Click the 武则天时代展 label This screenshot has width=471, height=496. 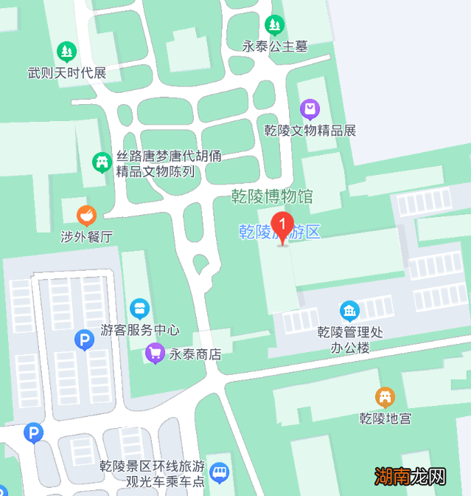click(x=67, y=73)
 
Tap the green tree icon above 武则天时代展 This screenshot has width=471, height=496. click(x=66, y=52)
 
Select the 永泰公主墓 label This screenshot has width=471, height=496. click(x=275, y=46)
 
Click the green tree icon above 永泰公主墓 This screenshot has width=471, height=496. click(x=275, y=25)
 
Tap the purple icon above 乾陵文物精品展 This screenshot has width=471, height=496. click(x=310, y=110)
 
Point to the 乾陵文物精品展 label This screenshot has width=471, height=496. click(x=310, y=131)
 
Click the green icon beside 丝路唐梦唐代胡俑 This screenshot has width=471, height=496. click(x=102, y=161)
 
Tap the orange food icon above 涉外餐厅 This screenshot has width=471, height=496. click(x=86, y=216)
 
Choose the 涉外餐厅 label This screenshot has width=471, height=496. click(x=86, y=237)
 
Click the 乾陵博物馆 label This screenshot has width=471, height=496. click(x=272, y=196)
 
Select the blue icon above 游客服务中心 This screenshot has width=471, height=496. click(x=139, y=309)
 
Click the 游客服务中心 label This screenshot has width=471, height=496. click(x=140, y=330)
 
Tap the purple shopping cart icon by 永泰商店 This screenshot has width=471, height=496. click(x=155, y=354)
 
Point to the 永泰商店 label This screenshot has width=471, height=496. click(x=195, y=354)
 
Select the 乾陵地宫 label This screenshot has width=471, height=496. click(x=385, y=418)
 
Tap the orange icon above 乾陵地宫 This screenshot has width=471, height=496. click(x=385, y=398)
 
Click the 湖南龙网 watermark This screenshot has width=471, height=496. click(x=411, y=476)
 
